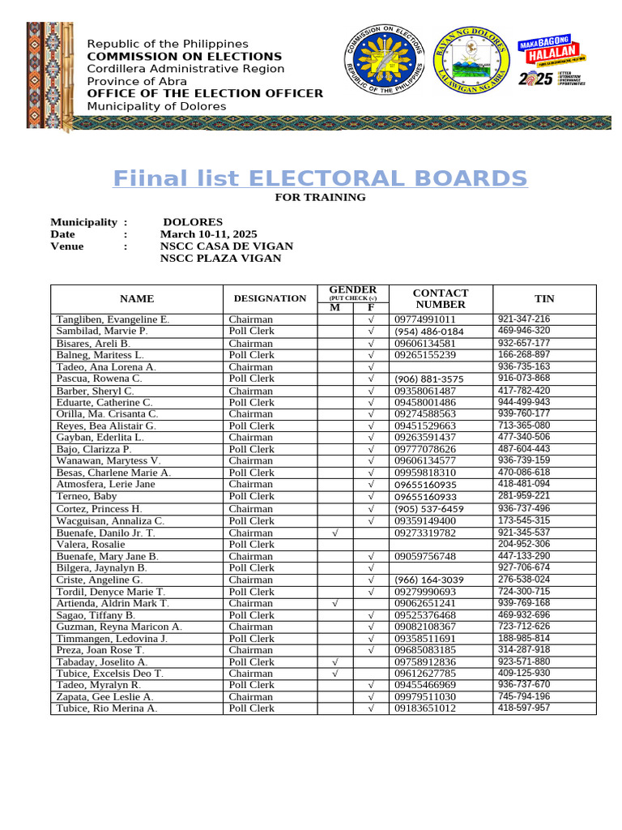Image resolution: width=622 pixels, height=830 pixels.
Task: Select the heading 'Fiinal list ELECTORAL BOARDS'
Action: [x=320, y=178]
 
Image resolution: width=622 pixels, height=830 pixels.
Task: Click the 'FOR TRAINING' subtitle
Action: [x=320, y=197]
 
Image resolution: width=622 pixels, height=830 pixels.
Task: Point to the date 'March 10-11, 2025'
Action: [x=208, y=234]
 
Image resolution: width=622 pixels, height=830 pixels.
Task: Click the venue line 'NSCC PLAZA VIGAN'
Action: [x=220, y=259]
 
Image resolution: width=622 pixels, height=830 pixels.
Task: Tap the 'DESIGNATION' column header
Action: [x=270, y=298]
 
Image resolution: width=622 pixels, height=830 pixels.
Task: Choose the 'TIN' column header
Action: [x=544, y=298]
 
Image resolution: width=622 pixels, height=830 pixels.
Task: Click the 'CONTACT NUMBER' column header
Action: [x=441, y=298]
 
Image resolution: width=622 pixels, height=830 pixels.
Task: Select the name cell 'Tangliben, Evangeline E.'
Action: [x=113, y=319]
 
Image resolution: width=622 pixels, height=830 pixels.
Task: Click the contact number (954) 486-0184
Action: [x=429, y=332]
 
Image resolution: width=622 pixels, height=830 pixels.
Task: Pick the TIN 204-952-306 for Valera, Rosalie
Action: [x=523, y=544]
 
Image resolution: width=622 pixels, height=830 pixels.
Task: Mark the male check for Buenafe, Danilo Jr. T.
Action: [x=335, y=533]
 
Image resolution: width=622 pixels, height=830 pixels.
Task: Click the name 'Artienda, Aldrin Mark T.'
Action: [x=113, y=603]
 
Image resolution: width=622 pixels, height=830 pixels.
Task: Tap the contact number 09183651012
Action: [x=425, y=708]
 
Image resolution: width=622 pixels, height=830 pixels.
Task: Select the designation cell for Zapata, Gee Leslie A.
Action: [x=251, y=696]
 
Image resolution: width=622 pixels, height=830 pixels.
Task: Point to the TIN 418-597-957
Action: [x=523, y=708]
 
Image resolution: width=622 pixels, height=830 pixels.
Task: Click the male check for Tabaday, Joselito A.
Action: [x=335, y=661]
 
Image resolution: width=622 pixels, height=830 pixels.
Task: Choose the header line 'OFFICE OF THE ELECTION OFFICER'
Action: [x=205, y=93]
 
